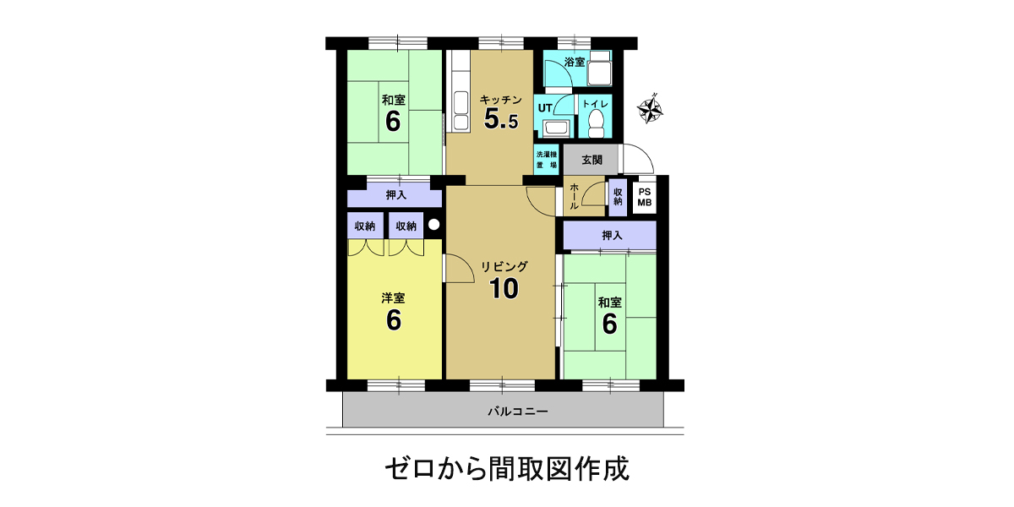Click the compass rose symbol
pyautogui.click(x=650, y=109)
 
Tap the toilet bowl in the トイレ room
pyautogui.click(x=597, y=125)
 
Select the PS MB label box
pyautogui.click(x=645, y=198)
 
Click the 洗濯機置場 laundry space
pyautogui.click(x=547, y=160)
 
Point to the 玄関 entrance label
pyautogui.click(x=591, y=160)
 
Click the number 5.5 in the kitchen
pyautogui.click(x=500, y=119)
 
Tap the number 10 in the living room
pyautogui.click(x=504, y=288)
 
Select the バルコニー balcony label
pyautogui.click(x=518, y=411)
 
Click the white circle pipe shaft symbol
pyautogui.click(x=433, y=225)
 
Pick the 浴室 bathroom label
pyautogui.click(x=575, y=62)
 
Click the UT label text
pyautogui.click(x=544, y=108)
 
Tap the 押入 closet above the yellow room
pyautogui.click(x=395, y=195)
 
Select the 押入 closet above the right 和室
pyautogui.click(x=610, y=235)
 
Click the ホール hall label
pyautogui.click(x=574, y=196)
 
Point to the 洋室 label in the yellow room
pyautogui.click(x=393, y=298)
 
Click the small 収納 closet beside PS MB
pyautogui.click(x=618, y=198)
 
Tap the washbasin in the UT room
pyautogui.click(x=554, y=128)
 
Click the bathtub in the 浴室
pyautogui.click(x=599, y=68)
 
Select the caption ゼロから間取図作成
pyautogui.click(x=507, y=469)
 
